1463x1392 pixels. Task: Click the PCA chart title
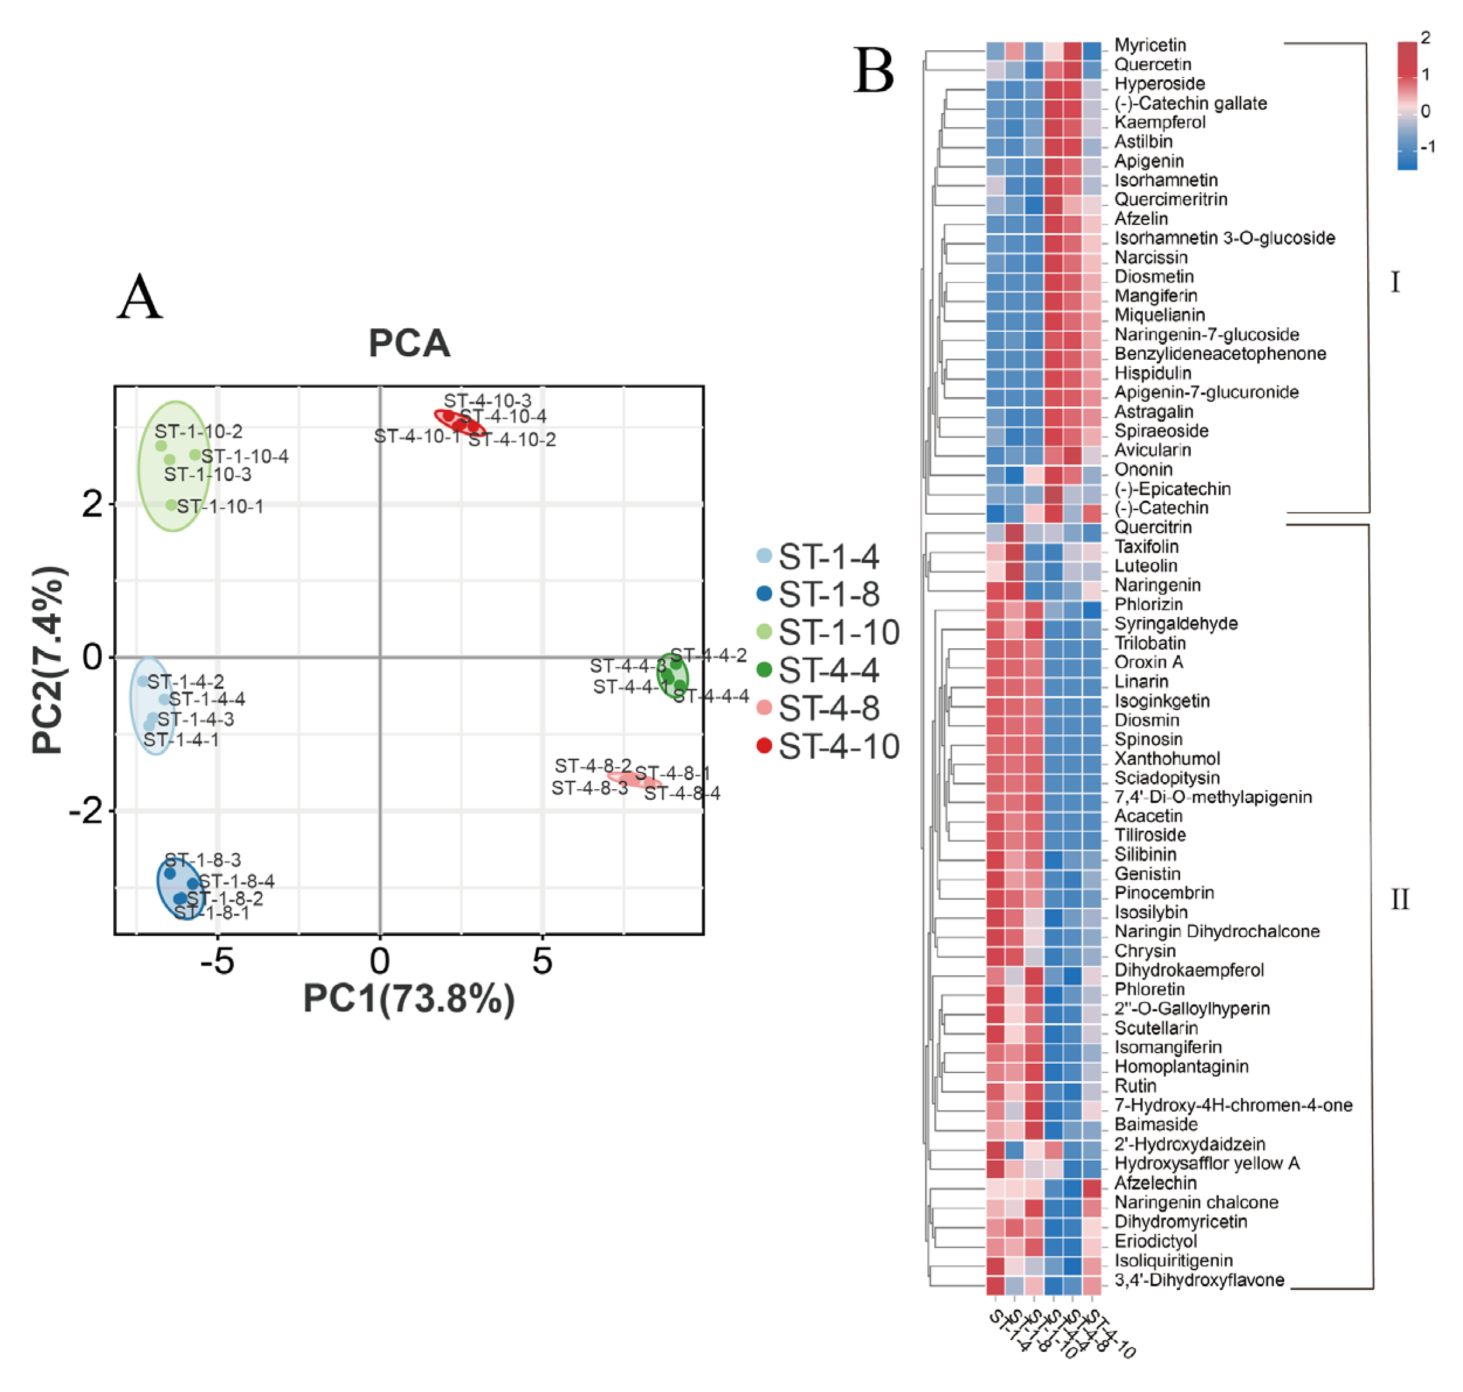pyautogui.click(x=409, y=343)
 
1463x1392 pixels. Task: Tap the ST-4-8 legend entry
pyautogui.click(x=828, y=709)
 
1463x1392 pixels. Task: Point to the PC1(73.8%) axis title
pyautogui.click(x=409, y=999)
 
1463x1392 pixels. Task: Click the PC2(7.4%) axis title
pyautogui.click(x=49, y=661)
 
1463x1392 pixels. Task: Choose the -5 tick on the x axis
pyautogui.click(x=217, y=963)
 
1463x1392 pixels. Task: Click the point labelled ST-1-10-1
pyautogui.click(x=171, y=505)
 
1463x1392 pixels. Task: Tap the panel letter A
pyautogui.click(x=139, y=297)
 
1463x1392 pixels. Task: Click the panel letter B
pyautogui.click(x=873, y=71)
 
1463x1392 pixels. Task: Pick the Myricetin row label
pyautogui.click(x=1150, y=45)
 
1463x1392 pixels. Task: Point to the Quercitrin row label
pyautogui.click(x=1153, y=527)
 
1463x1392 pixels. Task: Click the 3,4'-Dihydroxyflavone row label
pyautogui.click(x=1199, y=1280)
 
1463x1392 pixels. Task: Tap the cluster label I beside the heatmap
pyautogui.click(x=1395, y=283)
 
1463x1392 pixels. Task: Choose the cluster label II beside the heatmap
pyautogui.click(x=1400, y=900)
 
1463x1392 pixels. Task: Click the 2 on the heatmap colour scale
pyautogui.click(x=1424, y=38)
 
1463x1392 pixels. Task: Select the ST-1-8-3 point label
pyautogui.click(x=202, y=860)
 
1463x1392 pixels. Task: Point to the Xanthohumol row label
pyautogui.click(x=1167, y=758)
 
